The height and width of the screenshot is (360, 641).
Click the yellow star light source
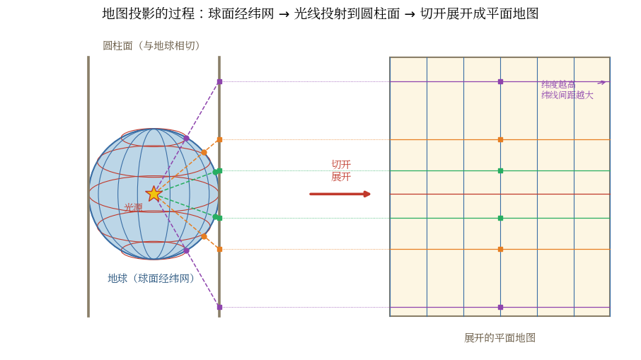coord(154,194)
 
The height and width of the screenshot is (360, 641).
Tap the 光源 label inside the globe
coord(134,207)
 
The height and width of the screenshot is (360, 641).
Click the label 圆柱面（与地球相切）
coord(151,45)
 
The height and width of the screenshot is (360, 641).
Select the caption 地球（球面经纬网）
coord(151,278)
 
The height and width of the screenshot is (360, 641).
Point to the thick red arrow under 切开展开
coord(340,194)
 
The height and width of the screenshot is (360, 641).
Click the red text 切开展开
coord(341,170)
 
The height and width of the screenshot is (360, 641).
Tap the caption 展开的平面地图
coord(499,337)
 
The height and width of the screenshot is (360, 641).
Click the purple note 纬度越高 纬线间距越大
coord(567,90)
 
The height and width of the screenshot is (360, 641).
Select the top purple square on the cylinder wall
coord(219,82)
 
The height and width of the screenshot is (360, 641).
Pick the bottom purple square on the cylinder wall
coord(219,307)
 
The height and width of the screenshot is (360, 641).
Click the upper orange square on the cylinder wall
coord(219,140)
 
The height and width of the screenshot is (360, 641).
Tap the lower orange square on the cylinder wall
coord(219,249)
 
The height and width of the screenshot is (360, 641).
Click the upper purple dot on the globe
coord(186,139)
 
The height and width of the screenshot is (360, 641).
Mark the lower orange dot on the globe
coord(204,237)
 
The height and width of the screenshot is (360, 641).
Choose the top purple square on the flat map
coord(500,82)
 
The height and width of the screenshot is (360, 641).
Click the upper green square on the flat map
coord(500,171)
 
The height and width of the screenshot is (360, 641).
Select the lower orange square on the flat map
coord(500,249)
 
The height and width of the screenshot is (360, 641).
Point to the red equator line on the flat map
coord(499,194)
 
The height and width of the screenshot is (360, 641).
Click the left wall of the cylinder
coord(88,187)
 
